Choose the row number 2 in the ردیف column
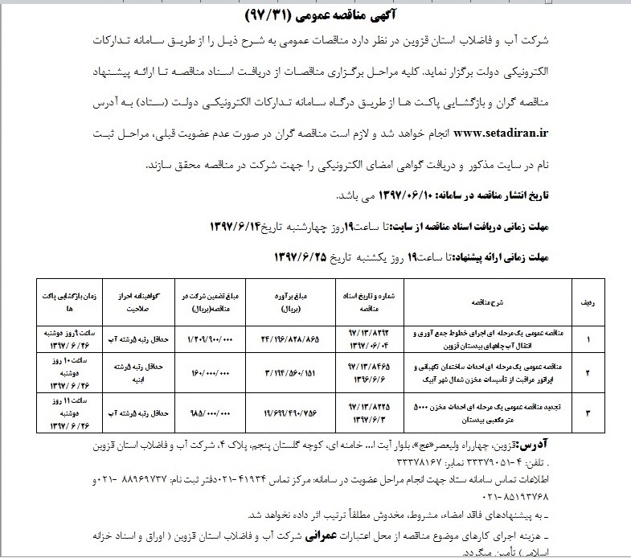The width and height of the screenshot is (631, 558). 588,373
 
